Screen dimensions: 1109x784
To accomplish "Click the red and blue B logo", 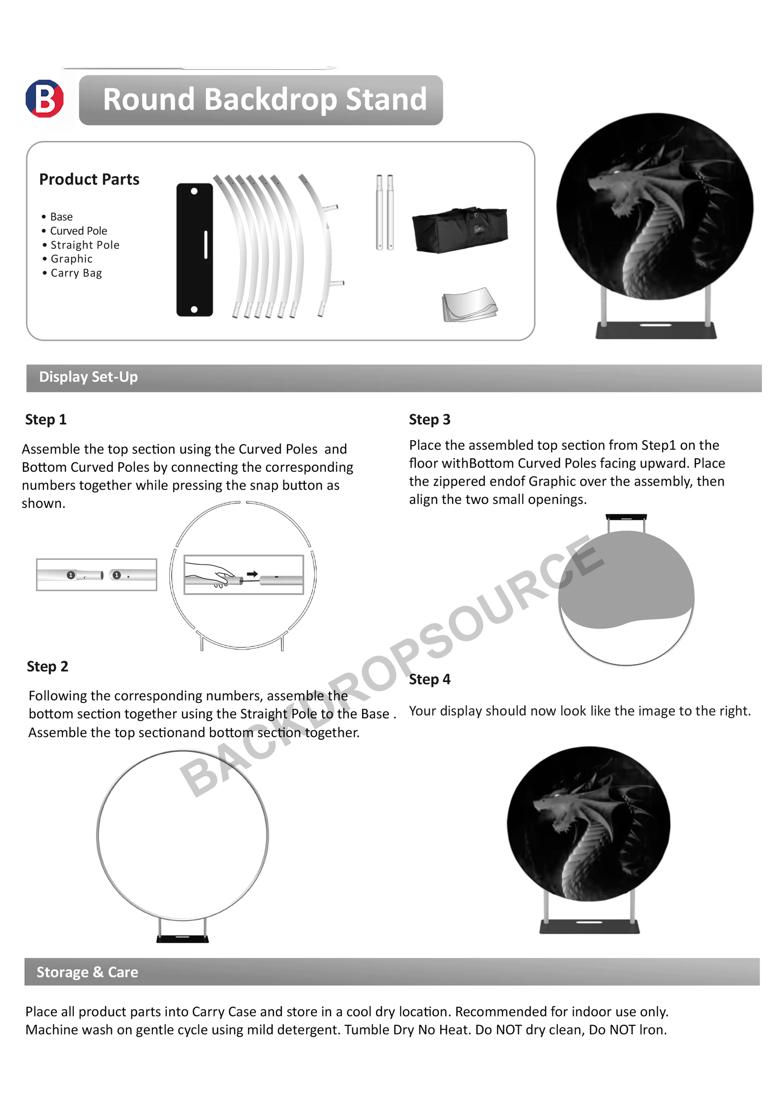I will click(45, 99).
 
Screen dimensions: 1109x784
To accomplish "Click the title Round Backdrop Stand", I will click(265, 100).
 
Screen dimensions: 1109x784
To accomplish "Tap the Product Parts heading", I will click(89, 180).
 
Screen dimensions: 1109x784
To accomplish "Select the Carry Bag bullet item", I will click(76, 273).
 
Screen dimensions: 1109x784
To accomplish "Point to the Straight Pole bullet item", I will click(84, 245).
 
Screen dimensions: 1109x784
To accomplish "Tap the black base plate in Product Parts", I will click(194, 250).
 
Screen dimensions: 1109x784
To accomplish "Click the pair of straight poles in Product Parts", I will click(385, 212).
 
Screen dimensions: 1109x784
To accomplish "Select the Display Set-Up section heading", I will click(89, 377).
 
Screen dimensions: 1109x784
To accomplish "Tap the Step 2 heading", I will click(47, 666).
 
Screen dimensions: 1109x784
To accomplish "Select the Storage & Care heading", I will click(88, 972).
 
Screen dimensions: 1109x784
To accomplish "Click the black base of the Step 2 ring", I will click(183, 939).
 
